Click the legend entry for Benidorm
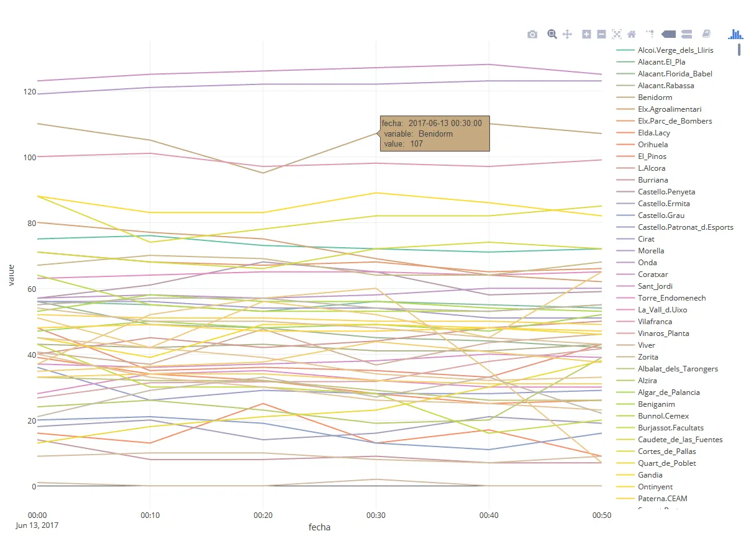655,98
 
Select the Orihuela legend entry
653,145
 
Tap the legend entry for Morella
651,251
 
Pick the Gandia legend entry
650,475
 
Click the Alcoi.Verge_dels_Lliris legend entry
675,50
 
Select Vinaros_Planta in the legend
662,333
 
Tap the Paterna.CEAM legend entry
662,499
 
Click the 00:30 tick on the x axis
375,515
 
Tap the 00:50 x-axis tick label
601,515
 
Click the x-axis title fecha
319,527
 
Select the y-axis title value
12,274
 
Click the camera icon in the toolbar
532,34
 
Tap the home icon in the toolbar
632,34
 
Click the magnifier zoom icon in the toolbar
552,34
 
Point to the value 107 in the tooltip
416,144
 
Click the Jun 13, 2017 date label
38,525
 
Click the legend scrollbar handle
739,49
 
